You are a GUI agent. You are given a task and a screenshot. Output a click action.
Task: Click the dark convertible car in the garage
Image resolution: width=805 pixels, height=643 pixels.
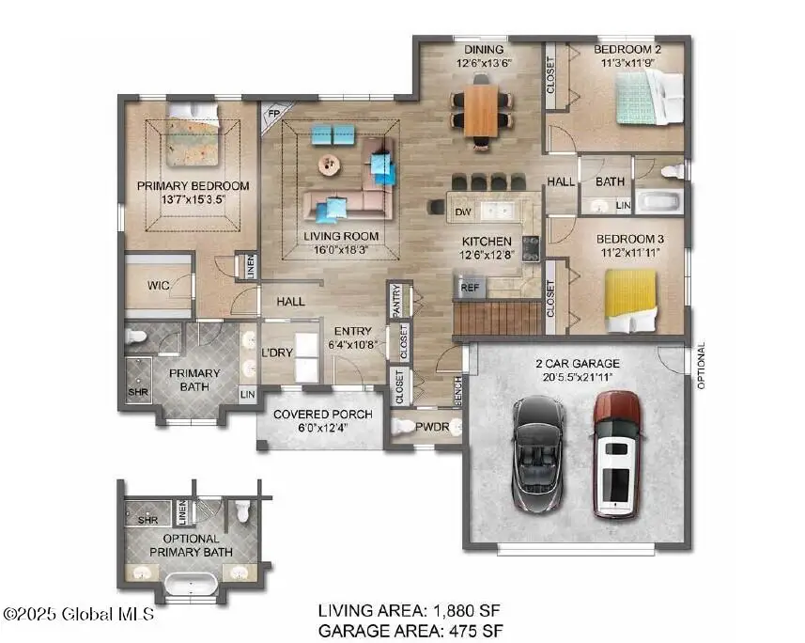(538, 453)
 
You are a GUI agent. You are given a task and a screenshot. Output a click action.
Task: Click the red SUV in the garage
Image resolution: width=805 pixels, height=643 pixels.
(617, 453)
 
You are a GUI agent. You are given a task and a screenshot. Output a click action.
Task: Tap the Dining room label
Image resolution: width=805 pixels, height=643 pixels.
(481, 50)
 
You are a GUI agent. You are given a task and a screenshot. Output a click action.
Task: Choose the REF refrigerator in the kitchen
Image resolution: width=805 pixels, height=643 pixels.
(470, 286)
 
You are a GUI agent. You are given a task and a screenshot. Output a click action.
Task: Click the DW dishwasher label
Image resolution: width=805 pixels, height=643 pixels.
(462, 213)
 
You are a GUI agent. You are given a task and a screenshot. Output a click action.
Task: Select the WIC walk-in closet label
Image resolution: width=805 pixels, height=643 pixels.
(158, 285)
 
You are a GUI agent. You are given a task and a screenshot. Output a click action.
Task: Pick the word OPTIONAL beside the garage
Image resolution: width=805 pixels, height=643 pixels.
(701, 365)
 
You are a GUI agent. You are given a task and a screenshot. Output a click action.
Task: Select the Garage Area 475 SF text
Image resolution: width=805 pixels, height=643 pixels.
(410, 630)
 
